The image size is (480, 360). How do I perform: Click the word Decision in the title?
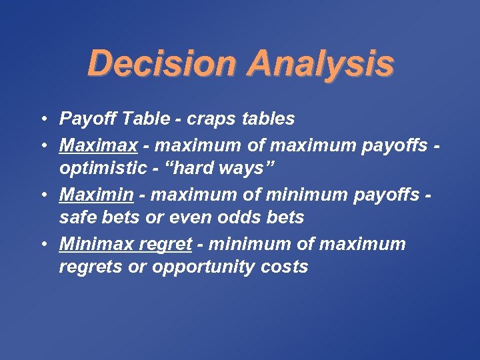(163, 65)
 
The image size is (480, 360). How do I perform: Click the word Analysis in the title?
(321, 65)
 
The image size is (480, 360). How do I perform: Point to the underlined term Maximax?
(90, 143)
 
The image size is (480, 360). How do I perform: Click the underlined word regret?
(165, 243)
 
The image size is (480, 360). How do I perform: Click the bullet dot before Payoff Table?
(42, 119)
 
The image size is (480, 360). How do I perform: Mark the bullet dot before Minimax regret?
(42, 243)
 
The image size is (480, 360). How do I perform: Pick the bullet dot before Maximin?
(42, 193)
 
